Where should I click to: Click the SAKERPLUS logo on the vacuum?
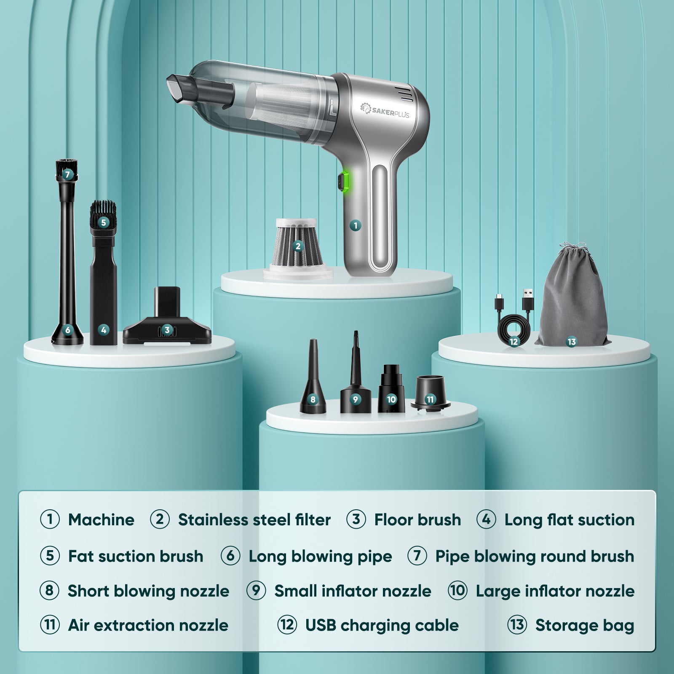tap(385, 110)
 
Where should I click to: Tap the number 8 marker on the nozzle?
tap(313, 399)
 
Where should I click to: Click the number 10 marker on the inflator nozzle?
tap(391, 399)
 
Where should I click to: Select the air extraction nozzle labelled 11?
tap(430, 392)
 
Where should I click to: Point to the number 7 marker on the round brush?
tap(67, 174)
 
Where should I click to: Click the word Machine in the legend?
tap(101, 520)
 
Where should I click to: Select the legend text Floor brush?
tap(417, 520)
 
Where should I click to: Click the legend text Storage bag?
tap(585, 626)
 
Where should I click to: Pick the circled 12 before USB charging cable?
tap(287, 625)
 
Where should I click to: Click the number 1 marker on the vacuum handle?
tap(355, 225)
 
